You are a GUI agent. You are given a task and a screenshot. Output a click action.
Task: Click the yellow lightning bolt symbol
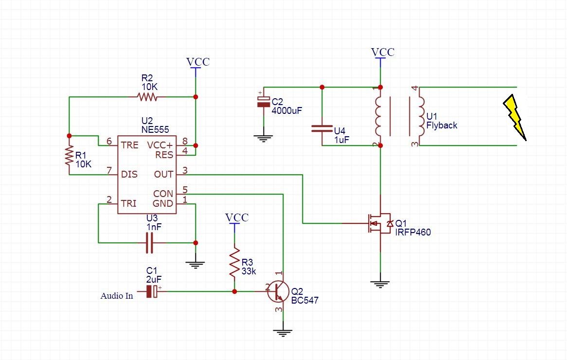click(515, 116)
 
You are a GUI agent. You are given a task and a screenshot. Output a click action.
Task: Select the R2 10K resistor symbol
click(147, 97)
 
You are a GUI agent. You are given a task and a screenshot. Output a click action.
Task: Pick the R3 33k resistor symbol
click(234, 262)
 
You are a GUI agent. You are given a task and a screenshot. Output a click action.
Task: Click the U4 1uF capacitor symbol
click(322, 129)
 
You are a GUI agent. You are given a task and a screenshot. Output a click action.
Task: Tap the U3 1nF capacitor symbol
click(149, 242)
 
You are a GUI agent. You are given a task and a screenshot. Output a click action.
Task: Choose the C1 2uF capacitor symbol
click(153, 291)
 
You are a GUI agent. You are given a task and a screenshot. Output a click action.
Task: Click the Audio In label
click(117, 296)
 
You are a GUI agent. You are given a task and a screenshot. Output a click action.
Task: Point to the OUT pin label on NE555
click(163, 174)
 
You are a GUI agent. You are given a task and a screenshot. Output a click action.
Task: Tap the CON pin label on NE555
click(163, 194)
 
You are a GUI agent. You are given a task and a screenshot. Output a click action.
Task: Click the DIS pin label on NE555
click(129, 174)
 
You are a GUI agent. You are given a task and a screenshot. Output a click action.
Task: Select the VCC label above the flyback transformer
click(383, 52)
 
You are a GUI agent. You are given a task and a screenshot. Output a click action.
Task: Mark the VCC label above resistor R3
click(237, 217)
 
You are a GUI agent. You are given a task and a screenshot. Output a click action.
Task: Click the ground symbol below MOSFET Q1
click(380, 284)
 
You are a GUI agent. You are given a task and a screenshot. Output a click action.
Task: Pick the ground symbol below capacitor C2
click(263, 138)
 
